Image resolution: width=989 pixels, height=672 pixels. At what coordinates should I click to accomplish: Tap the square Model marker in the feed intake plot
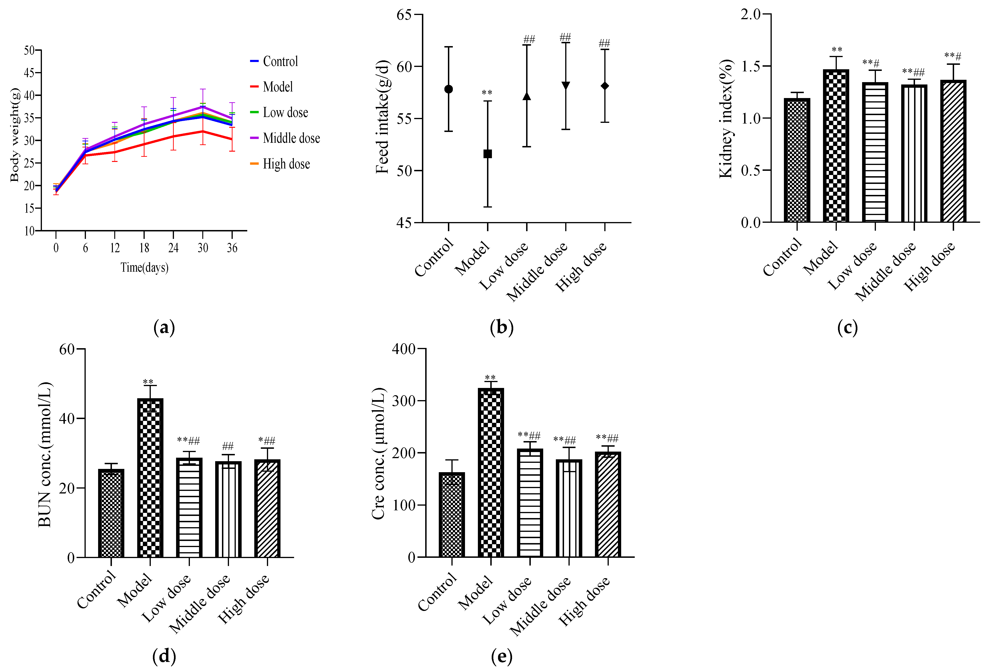pos(488,153)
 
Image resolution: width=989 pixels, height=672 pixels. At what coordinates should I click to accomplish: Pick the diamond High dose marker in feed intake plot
pos(605,86)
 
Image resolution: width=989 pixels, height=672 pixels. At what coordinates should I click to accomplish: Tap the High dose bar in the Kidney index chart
pos(953,151)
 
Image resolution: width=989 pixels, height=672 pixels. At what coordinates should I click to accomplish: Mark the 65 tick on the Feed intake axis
pos(404,15)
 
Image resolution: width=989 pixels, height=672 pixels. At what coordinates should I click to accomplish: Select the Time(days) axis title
pos(144,267)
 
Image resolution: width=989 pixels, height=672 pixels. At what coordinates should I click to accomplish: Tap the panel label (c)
pos(847,328)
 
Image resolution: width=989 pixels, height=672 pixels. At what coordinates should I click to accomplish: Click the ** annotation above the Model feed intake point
pos(487,93)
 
